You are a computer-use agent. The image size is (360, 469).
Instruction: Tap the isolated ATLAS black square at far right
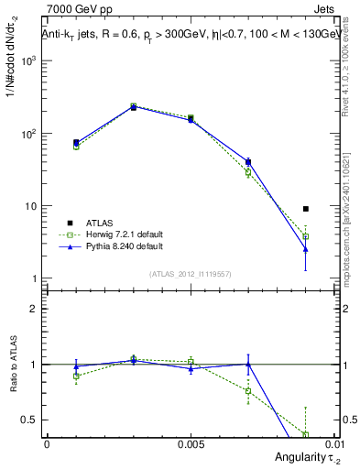(306, 209)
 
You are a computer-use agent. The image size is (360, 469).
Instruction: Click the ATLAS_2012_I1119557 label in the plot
(190, 274)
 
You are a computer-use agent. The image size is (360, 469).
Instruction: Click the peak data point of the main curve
(134, 106)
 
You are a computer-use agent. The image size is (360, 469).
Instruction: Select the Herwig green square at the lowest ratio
(306, 434)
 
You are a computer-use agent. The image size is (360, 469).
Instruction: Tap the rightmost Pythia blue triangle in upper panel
(306, 249)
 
